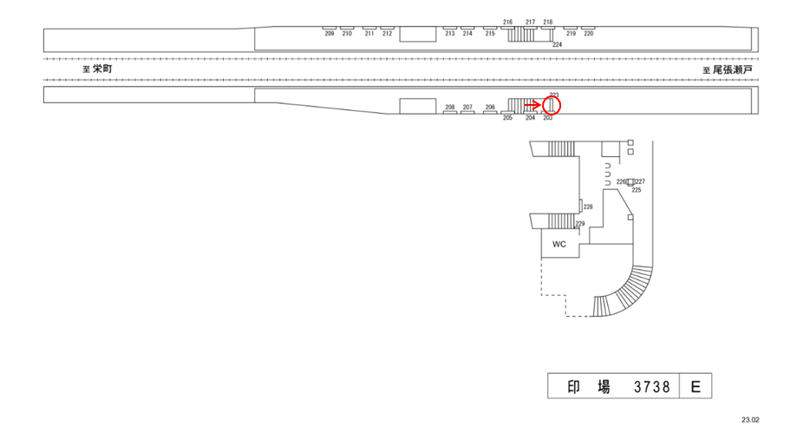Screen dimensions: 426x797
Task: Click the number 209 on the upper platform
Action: pos(330,34)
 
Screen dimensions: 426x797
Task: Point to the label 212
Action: pos(387,34)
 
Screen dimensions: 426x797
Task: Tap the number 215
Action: pos(490,34)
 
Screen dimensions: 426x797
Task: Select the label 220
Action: pos(589,34)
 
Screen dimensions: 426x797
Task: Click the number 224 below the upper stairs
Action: pos(557,43)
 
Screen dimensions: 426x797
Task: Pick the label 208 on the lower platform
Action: pos(449,108)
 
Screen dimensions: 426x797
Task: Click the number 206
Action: pos(490,108)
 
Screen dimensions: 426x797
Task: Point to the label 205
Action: pos(507,117)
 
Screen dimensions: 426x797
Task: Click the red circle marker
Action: pos(552,105)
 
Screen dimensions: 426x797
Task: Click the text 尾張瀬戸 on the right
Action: pos(732,68)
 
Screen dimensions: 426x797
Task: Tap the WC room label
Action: pos(559,244)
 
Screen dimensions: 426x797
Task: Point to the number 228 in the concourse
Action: pos(588,206)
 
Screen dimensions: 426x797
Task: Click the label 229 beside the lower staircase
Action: pos(580,224)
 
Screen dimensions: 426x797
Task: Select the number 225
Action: pos(637,190)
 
